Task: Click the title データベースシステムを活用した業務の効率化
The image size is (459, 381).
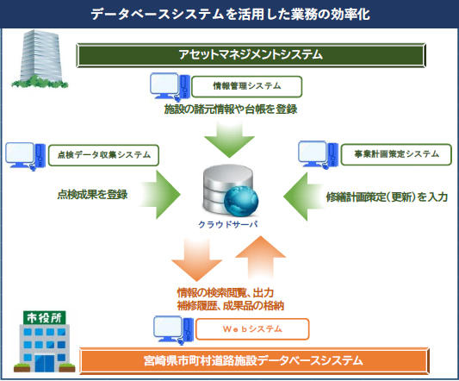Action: tap(228, 13)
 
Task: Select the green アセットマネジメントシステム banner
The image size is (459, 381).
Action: tap(251, 54)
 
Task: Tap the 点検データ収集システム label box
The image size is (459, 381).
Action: tap(104, 155)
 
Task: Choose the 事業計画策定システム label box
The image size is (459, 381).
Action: tap(389, 155)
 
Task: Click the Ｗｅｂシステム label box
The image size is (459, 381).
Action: tap(251, 329)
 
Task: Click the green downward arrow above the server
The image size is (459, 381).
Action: tap(229, 137)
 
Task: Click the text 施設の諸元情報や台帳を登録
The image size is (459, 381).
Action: tap(232, 110)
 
